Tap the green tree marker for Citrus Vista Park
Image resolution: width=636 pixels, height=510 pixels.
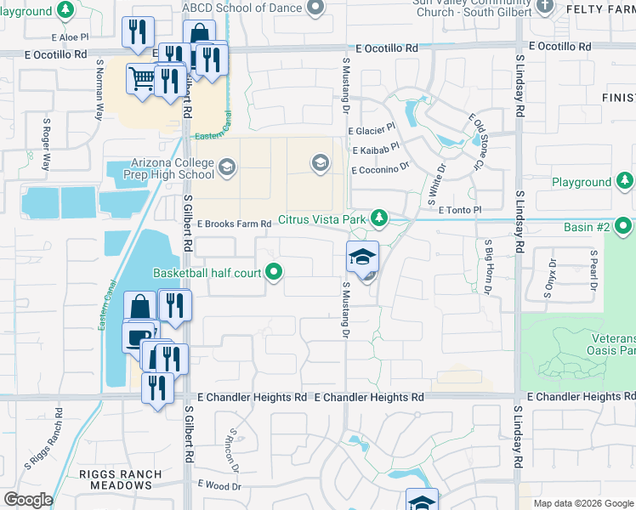[x=379, y=219]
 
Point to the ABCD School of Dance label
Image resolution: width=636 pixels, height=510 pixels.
[x=242, y=8]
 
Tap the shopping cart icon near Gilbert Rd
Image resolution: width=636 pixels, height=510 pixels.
[x=140, y=79]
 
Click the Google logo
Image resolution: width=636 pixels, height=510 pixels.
[x=28, y=500]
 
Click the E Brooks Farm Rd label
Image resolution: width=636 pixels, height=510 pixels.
[x=234, y=224]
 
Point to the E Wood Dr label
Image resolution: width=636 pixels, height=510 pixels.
[x=220, y=484]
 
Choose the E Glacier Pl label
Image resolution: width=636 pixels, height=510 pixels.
[x=372, y=131]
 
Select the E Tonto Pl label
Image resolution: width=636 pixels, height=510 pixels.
[x=459, y=209]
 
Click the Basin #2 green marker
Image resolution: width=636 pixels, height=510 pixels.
[x=623, y=227]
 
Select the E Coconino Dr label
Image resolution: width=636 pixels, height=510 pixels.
[x=381, y=169]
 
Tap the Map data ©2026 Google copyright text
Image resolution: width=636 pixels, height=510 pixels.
[x=583, y=503]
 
